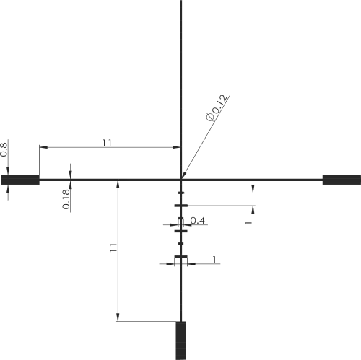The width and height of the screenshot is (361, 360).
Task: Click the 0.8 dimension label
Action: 4,149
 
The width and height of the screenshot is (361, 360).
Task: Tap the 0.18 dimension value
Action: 66,199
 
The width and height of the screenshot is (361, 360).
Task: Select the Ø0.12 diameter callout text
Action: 217,107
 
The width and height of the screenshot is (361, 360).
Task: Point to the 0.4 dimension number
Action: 198,221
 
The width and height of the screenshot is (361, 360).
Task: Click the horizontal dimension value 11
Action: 107,143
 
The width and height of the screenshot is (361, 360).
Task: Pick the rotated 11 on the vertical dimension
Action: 113,247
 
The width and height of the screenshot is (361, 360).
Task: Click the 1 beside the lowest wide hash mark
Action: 214,260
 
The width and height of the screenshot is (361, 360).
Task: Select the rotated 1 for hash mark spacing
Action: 248,223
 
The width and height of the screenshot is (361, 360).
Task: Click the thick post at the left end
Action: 20,180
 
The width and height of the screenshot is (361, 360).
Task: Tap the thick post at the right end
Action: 342,180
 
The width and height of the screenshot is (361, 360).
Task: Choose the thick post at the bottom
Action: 181,341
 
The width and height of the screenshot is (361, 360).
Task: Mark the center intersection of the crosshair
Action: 181,180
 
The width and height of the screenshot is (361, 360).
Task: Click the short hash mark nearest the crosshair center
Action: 181,193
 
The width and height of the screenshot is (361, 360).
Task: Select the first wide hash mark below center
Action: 181,206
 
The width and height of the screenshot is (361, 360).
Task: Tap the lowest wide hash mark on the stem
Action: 181,257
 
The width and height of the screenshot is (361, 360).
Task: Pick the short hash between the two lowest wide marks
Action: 181,244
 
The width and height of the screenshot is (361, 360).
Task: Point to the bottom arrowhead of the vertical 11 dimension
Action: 118,317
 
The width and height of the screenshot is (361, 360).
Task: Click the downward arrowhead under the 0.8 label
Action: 8,171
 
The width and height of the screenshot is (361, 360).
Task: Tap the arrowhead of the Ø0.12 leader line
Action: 184,175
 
